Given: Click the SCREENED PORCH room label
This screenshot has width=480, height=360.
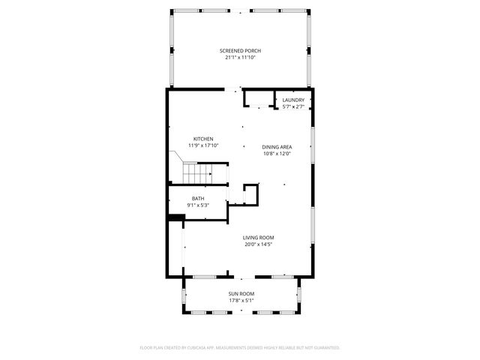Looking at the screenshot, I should point(240,50).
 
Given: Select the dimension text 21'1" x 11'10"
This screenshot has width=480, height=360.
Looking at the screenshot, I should point(240,57).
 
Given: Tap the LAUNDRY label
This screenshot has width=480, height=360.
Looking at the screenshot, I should point(293,100).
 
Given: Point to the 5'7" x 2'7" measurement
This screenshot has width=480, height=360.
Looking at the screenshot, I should point(293,106).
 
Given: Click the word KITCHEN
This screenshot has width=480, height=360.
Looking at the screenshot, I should point(203,139).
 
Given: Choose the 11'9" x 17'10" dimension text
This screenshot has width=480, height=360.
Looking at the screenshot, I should point(203,145).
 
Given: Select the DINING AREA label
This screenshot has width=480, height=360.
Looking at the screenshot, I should point(277,147).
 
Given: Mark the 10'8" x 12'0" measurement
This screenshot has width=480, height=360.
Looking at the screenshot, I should point(277,154).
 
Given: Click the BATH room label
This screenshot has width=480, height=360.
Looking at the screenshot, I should point(197,198).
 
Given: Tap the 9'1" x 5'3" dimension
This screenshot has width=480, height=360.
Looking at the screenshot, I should point(197,205).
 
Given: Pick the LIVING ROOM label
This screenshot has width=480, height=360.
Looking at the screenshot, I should point(258,237).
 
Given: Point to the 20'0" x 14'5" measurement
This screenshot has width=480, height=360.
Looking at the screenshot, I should point(258,244).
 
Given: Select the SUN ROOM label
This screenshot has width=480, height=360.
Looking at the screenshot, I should point(241,293).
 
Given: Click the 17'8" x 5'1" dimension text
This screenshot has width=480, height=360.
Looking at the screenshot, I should point(241,300).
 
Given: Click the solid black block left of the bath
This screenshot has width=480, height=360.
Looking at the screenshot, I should point(175,218).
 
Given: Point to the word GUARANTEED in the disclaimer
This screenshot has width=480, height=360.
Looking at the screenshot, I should point(323,348).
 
